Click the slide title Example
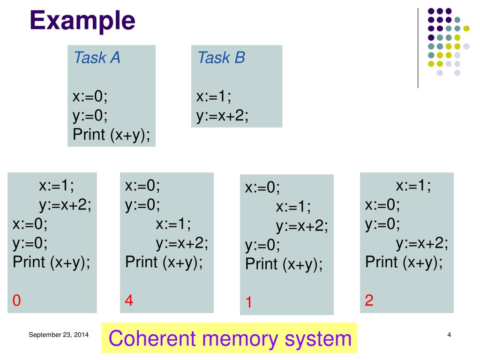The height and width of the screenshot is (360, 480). (82, 21)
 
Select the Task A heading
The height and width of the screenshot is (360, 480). (97, 58)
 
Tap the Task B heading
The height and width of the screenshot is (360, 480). (221, 58)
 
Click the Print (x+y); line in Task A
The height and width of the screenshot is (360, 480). (112, 135)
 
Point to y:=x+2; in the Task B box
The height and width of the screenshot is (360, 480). (222, 116)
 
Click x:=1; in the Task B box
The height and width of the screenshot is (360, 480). (214, 97)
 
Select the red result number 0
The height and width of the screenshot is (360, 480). (17, 300)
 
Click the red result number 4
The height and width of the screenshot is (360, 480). (129, 300)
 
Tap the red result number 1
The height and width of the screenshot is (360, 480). (249, 303)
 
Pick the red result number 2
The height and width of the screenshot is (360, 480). (369, 300)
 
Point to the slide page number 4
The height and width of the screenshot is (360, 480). (449, 335)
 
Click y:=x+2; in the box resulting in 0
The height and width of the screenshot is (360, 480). (65, 204)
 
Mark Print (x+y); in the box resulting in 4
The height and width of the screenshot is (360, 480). (164, 262)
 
